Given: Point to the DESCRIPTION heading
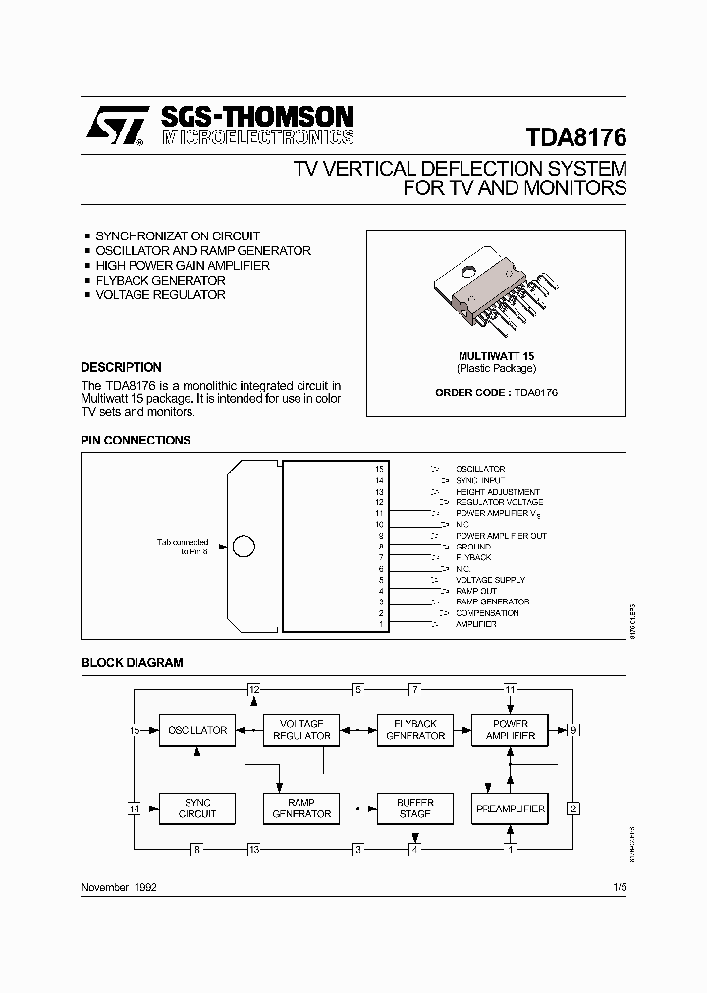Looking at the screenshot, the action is pyautogui.click(x=121, y=368).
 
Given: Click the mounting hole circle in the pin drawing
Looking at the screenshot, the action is pyautogui.click(x=244, y=548).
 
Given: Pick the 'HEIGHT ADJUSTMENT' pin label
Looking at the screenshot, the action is pyautogui.click(x=498, y=492).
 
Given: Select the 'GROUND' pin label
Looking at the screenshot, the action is pyautogui.click(x=473, y=547).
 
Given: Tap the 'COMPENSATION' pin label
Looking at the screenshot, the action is pyautogui.click(x=487, y=613).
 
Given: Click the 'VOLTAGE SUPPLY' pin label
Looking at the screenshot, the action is pyautogui.click(x=490, y=580).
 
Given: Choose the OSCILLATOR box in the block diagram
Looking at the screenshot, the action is pyautogui.click(x=197, y=730).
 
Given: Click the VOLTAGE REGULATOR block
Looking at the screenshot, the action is pyautogui.click(x=301, y=730).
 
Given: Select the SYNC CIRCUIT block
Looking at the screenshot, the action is pyautogui.click(x=197, y=809).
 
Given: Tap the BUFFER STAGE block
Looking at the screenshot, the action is pyautogui.click(x=415, y=809).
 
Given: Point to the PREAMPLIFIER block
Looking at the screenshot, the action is pyautogui.click(x=510, y=809).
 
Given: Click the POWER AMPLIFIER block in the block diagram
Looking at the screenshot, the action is pyautogui.click(x=510, y=730).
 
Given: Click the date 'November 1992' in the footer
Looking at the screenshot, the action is pyautogui.click(x=119, y=886).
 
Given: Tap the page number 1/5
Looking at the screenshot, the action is pyautogui.click(x=619, y=886).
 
